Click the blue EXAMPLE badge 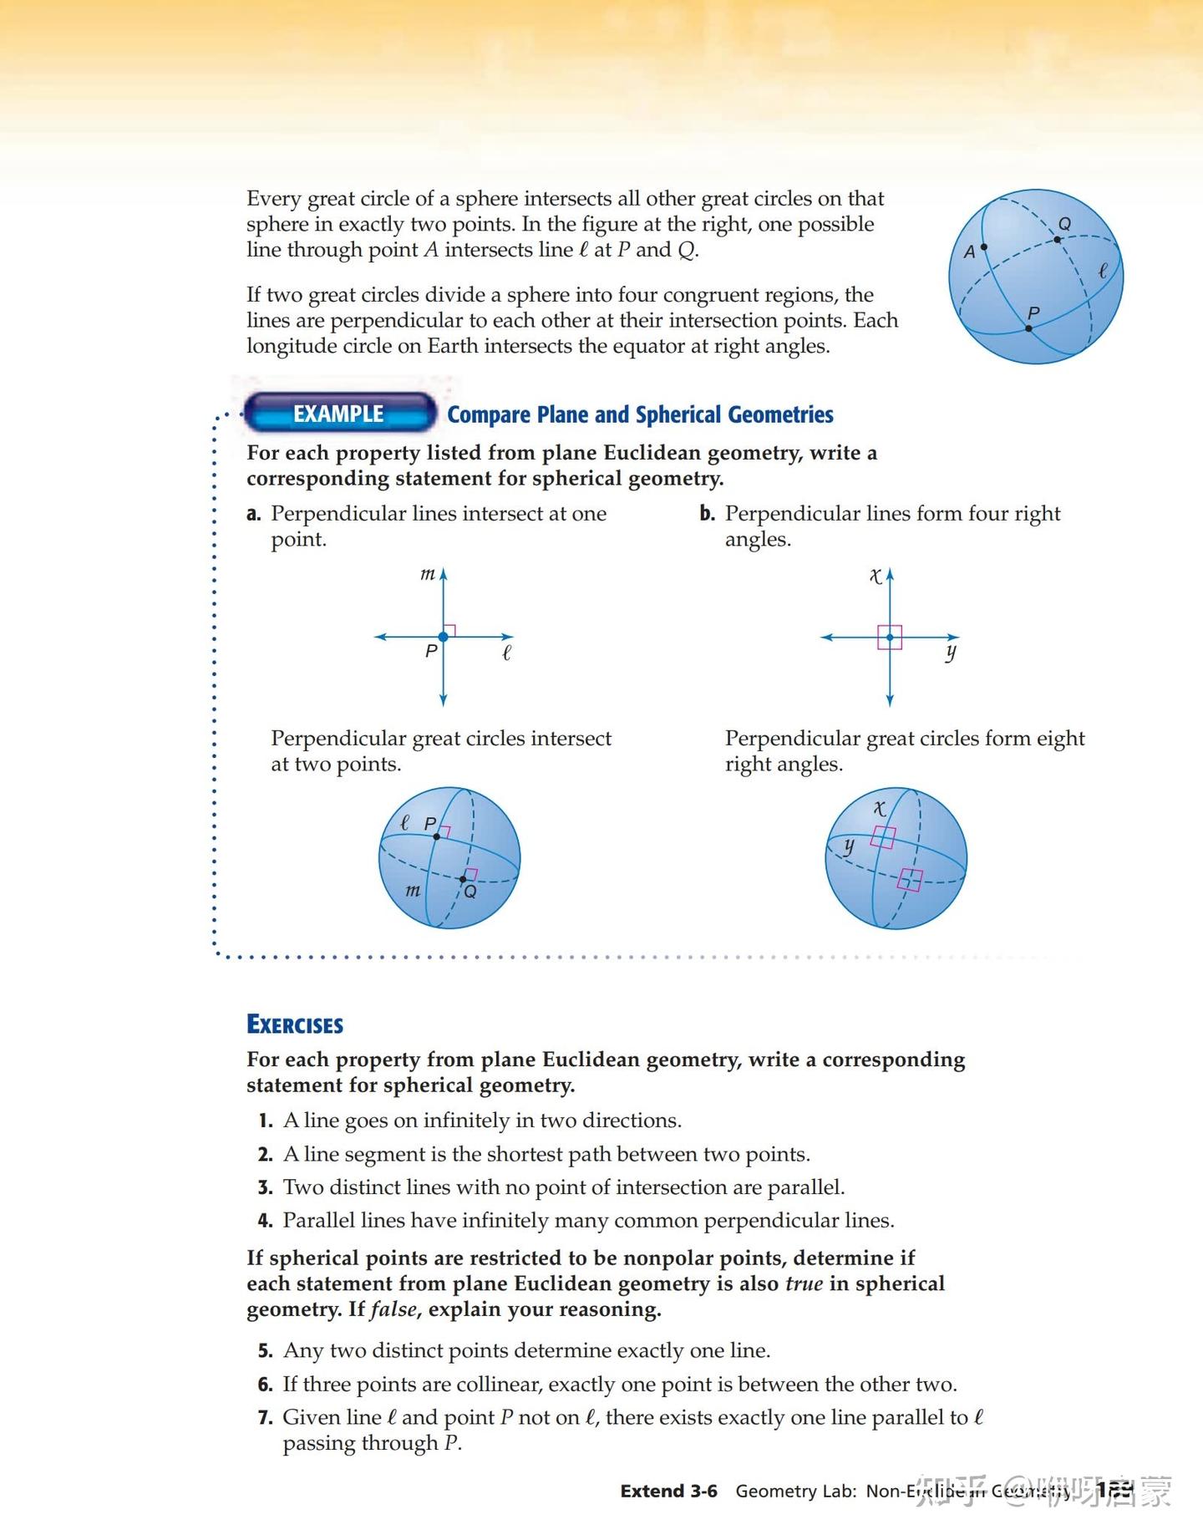point(339,414)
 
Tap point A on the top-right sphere point(983,247)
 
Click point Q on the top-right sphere point(1057,240)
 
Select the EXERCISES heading point(295,1025)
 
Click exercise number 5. point(266,1351)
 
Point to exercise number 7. point(266,1418)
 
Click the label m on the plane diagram point(427,574)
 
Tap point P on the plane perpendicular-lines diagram point(444,637)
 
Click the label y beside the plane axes point(951,652)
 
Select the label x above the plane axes point(875,576)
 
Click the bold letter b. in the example point(708,514)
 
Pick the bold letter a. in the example point(254,514)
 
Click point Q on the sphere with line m point(463,879)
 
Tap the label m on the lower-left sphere point(413,891)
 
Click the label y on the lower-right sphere point(849,846)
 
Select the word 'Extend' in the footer point(652,1492)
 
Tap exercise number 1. point(266,1121)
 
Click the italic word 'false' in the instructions point(393,1309)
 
